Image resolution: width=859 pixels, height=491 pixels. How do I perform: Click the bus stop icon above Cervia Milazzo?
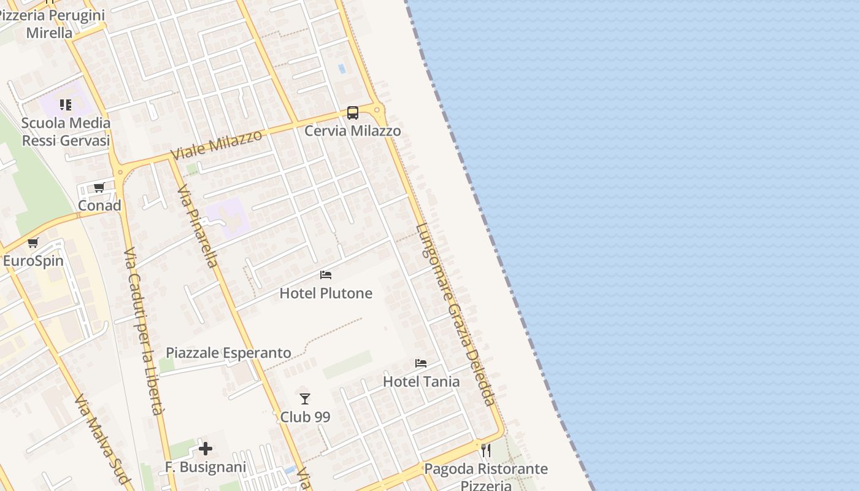click(x=353, y=113)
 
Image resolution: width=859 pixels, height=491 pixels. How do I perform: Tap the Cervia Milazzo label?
click(x=353, y=131)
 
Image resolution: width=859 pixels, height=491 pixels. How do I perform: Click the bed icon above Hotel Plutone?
click(x=326, y=275)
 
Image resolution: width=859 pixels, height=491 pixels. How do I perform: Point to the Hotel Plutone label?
click(x=326, y=293)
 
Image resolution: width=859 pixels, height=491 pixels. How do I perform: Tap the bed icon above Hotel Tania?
click(x=421, y=363)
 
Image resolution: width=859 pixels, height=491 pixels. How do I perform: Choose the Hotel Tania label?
click(x=421, y=382)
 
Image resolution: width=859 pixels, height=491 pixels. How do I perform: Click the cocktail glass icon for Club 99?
click(x=305, y=399)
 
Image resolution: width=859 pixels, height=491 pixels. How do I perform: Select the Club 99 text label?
click(x=305, y=417)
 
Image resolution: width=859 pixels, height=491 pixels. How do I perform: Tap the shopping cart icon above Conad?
click(x=99, y=188)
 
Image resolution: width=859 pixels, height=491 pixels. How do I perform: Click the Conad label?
click(x=99, y=206)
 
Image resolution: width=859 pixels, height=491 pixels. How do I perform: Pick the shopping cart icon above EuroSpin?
click(x=33, y=243)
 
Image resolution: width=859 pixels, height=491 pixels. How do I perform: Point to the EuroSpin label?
click(x=33, y=261)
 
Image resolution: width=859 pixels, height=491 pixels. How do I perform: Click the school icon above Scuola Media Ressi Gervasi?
click(x=66, y=105)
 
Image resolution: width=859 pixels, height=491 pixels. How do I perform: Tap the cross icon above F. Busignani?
click(x=206, y=449)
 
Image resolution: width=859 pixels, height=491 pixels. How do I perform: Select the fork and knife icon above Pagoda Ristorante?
click(x=486, y=450)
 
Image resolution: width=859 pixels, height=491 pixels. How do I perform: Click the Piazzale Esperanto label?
click(x=228, y=353)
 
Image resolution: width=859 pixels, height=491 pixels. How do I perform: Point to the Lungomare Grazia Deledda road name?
click(x=455, y=315)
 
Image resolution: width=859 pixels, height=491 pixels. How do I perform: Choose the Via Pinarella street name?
click(x=198, y=226)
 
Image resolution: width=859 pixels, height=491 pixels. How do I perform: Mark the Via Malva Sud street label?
click(x=102, y=440)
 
